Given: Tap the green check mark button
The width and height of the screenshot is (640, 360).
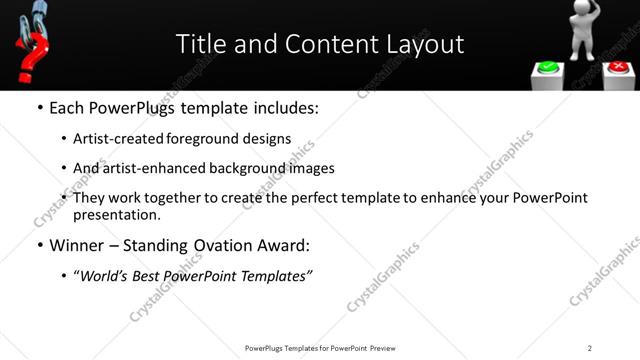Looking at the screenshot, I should (x=548, y=69).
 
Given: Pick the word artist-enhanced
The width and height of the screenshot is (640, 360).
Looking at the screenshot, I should (x=149, y=168).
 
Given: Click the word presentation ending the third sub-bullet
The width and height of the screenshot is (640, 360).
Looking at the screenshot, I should (x=116, y=214).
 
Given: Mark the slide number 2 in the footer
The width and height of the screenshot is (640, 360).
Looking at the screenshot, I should (x=589, y=348).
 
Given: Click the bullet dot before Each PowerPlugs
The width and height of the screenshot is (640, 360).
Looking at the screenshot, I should (x=39, y=108).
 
